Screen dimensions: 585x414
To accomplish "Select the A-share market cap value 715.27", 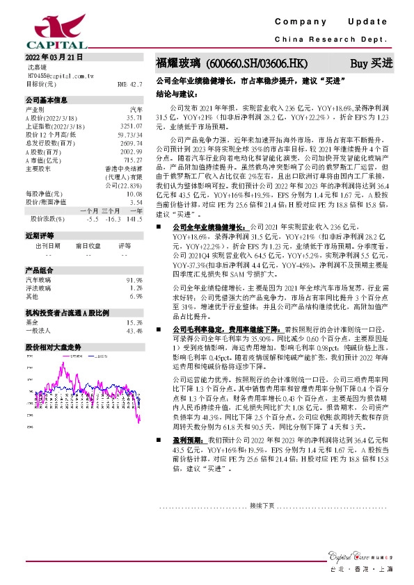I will point(132,159).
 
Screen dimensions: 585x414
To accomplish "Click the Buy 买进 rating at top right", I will point(371,63).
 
